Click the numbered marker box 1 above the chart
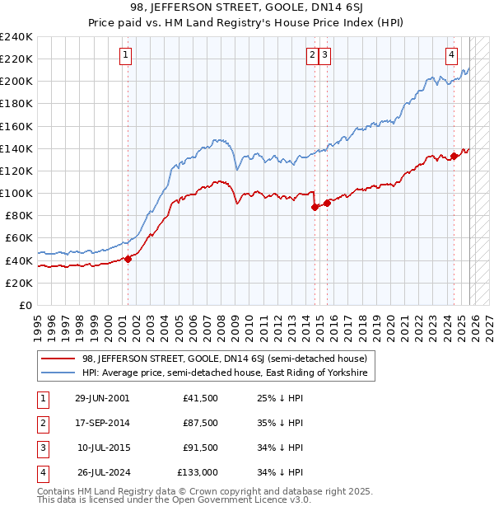[126, 55]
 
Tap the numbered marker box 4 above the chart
[452, 55]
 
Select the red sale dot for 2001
[128, 259]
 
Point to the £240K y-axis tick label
[16, 37]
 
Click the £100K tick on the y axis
[16, 193]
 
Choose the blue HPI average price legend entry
[226, 373]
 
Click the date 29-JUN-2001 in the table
[102, 397]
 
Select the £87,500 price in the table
[201, 423]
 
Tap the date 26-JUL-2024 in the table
[102, 472]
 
